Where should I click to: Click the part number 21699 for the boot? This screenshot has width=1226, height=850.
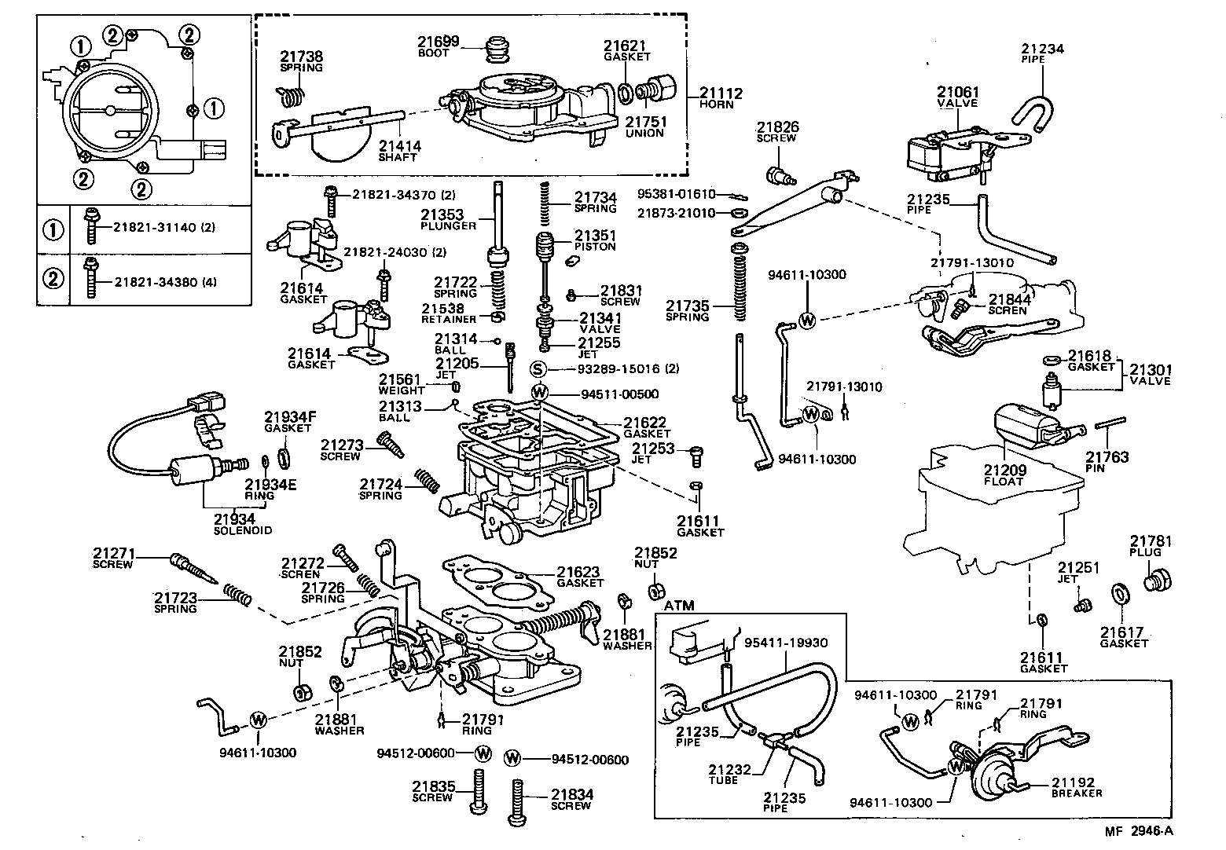pyautogui.click(x=433, y=42)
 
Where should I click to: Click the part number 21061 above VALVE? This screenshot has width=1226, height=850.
pyautogui.click(x=957, y=93)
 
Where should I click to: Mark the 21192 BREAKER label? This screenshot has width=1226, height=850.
pyautogui.click(x=1077, y=787)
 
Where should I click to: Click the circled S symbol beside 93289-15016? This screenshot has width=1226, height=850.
pyautogui.click(x=538, y=369)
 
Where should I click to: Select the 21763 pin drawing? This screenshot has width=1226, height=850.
pyautogui.click(x=1111, y=425)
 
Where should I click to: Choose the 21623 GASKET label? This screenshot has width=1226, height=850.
pyautogui.click(x=580, y=577)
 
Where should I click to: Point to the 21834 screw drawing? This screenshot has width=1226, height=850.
pyautogui.click(x=518, y=801)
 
